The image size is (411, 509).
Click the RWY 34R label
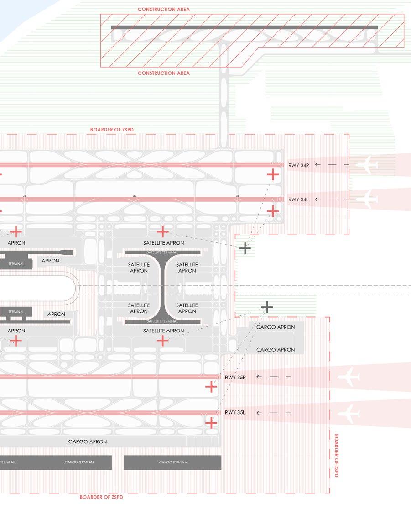point(298,165)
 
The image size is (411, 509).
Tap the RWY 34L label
point(298,199)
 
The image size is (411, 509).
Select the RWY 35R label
point(235,378)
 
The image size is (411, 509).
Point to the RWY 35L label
point(235,413)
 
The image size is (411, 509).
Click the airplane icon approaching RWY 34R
point(367,165)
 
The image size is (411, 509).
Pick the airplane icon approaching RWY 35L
point(349,413)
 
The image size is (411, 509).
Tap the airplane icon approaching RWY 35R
point(349,378)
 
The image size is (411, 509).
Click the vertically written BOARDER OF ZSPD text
point(336,455)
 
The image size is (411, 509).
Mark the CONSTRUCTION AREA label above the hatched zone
point(164,10)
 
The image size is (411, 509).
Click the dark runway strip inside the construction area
point(244,27)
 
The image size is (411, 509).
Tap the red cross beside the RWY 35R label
point(211,387)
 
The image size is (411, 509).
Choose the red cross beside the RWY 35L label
point(211,423)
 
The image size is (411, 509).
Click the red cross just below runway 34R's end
point(273,174)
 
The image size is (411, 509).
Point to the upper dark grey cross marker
point(245,248)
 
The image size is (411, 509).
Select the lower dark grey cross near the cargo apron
point(267,307)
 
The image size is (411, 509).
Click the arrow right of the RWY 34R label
point(318,165)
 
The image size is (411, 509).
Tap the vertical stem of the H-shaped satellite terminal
point(163,288)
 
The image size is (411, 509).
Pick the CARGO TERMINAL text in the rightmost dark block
point(172,462)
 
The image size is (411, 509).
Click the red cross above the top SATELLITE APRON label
point(162,231)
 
